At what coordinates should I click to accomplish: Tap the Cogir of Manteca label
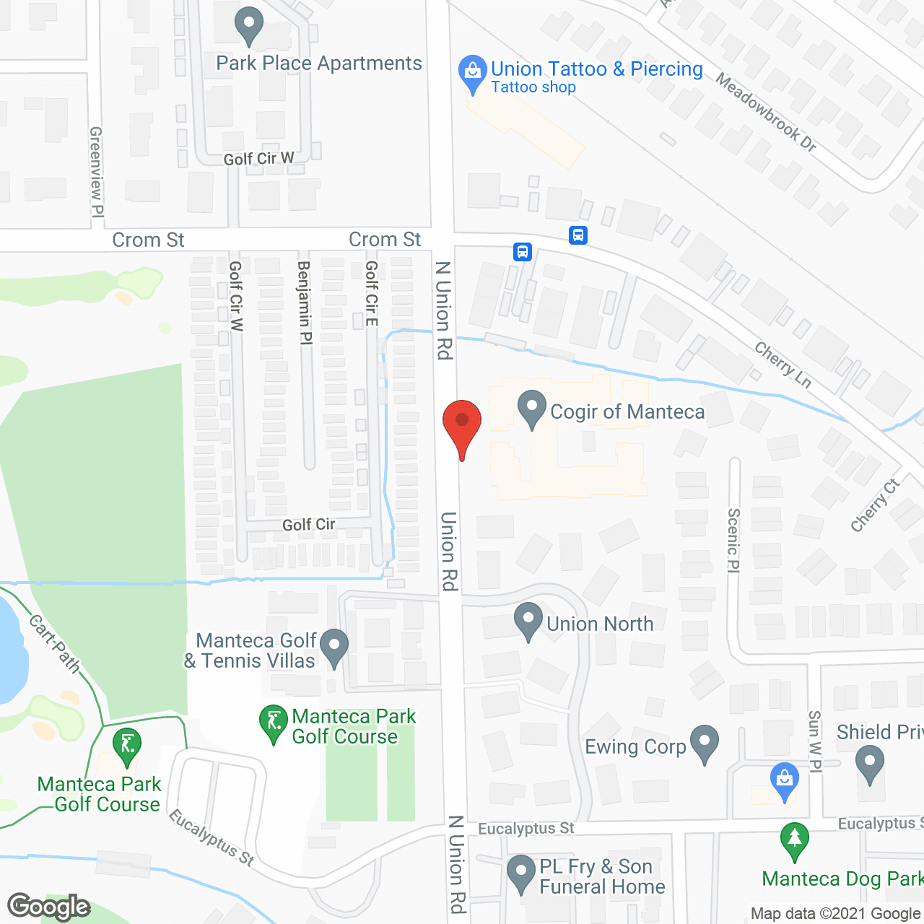[x=627, y=412]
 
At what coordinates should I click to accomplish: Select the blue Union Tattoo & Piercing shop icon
[x=473, y=73]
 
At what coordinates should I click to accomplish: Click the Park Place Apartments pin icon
[x=249, y=26]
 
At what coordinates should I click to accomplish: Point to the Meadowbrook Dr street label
[x=766, y=113]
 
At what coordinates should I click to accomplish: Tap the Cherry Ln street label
[x=783, y=364]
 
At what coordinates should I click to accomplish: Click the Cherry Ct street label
[x=875, y=505]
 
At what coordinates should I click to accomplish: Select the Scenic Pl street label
[x=733, y=540]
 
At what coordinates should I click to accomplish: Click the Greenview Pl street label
[x=96, y=172]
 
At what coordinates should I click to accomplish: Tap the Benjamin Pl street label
[x=304, y=302]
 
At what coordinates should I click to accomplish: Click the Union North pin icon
[x=528, y=620]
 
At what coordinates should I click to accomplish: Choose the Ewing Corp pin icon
[x=705, y=743]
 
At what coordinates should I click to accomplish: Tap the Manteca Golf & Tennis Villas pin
[x=334, y=647]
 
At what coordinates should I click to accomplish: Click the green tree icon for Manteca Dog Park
[x=795, y=840]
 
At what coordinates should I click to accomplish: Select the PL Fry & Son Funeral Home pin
[x=521, y=873]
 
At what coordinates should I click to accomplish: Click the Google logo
[x=48, y=907]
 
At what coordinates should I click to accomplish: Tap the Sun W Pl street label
[x=814, y=741]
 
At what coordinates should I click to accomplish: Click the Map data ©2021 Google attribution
[x=835, y=914]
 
